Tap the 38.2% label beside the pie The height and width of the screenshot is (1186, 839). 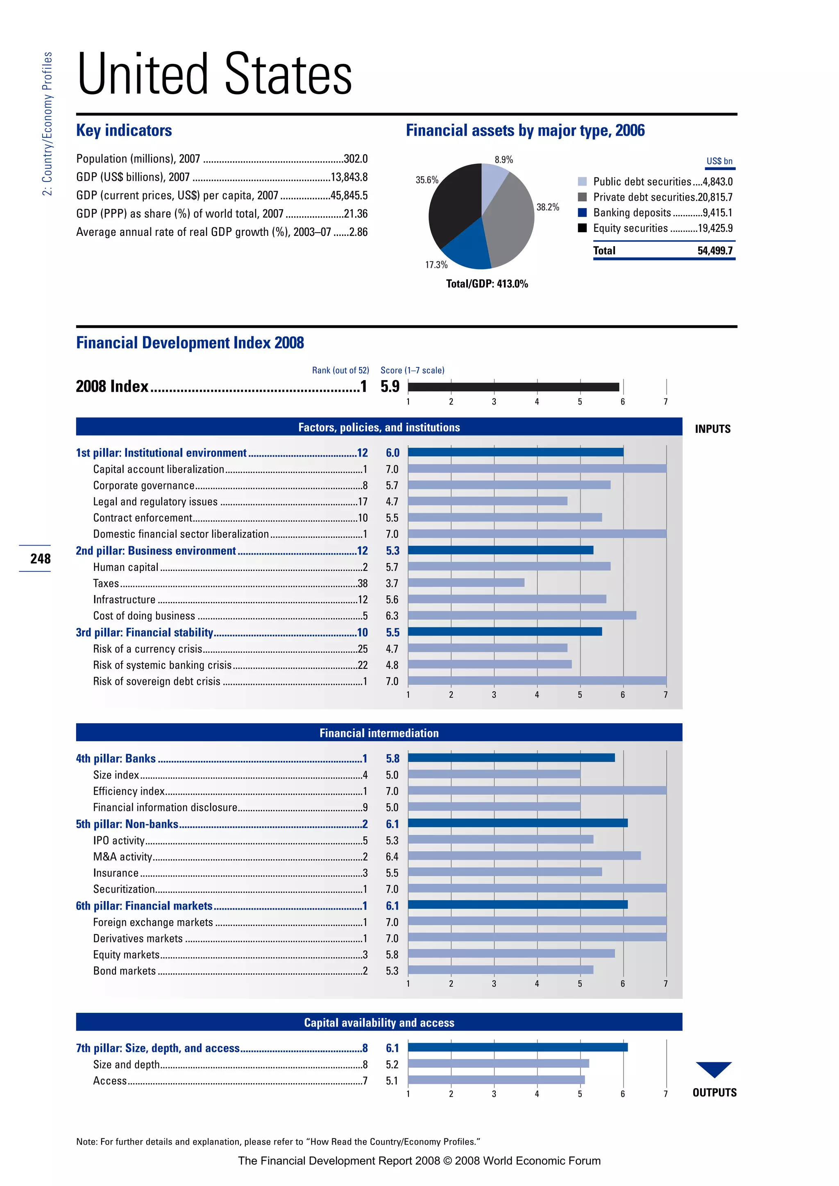[548, 207]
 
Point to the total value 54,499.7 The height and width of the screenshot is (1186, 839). [714, 251]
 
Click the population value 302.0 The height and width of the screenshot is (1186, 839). [356, 158]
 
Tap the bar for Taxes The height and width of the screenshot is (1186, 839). [466, 583]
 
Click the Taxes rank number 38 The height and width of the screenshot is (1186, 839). [363, 584]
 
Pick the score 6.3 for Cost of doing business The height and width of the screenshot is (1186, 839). [392, 616]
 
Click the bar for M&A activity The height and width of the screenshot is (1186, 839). [524, 856]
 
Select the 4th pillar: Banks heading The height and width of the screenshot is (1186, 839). [116, 758]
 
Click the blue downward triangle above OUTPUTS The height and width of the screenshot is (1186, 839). [714, 1068]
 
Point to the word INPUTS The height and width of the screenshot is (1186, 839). [712, 429]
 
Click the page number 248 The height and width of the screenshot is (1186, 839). [40, 558]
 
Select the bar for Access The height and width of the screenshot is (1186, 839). [496, 1080]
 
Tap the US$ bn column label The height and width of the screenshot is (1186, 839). [719, 161]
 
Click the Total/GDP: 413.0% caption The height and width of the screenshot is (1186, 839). [487, 283]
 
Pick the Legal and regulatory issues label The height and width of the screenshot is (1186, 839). [155, 502]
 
